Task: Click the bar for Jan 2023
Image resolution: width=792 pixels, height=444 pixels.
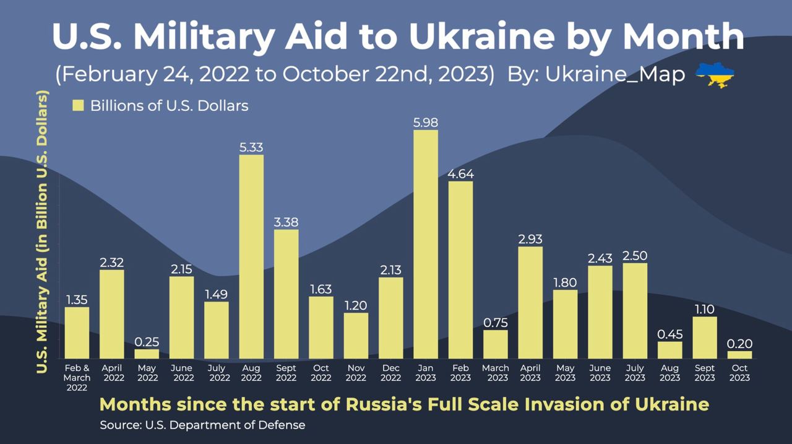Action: (425, 244)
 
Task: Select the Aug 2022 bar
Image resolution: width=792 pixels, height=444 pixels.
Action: (251, 256)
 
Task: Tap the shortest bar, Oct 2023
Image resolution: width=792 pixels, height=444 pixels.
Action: (739, 355)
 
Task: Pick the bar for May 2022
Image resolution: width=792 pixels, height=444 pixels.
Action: (147, 354)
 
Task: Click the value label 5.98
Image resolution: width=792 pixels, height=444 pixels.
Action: (425, 123)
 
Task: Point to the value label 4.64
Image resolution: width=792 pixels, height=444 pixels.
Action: (460, 174)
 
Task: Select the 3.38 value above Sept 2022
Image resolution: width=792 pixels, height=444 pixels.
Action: (286, 222)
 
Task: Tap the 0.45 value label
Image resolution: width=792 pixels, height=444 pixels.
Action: (669, 334)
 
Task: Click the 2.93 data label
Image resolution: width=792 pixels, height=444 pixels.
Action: (530, 239)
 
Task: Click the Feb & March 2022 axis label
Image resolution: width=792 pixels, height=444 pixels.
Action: (77, 378)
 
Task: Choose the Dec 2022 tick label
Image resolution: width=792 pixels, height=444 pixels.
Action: (390, 373)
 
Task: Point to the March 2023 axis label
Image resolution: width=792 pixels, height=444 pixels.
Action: (495, 373)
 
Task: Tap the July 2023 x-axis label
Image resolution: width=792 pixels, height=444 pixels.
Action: (635, 373)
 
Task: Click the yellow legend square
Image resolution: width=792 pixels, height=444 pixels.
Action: (78, 105)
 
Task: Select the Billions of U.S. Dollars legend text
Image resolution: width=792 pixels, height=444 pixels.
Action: (169, 105)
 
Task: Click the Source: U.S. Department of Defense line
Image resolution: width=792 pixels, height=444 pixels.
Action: (202, 425)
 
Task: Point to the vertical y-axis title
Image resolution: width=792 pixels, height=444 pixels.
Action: (42, 232)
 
